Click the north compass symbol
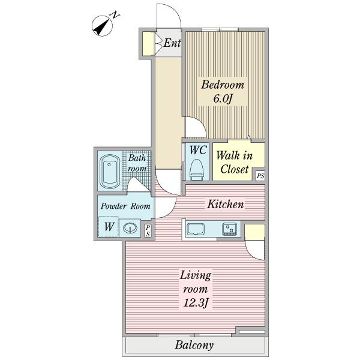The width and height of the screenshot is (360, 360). (x=104, y=26)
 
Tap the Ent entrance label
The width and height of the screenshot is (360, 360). (x=172, y=43)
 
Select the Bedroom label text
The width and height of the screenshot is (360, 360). (x=221, y=85)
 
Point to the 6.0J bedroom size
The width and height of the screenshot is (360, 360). (x=221, y=99)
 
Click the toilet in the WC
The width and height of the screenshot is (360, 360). (x=196, y=170)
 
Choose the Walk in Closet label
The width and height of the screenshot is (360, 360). (x=235, y=163)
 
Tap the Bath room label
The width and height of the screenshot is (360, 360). (x=137, y=164)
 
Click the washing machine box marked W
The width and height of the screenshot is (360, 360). (x=109, y=227)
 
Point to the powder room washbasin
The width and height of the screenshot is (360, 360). (x=130, y=227)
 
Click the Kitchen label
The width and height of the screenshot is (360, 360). (x=225, y=205)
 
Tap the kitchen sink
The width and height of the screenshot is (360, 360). (x=197, y=229)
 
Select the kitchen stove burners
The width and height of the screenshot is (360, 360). (x=230, y=229)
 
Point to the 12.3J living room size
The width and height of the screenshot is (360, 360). (x=196, y=302)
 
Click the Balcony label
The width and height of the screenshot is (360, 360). (x=194, y=345)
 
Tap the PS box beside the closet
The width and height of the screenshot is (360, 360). (x=260, y=176)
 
